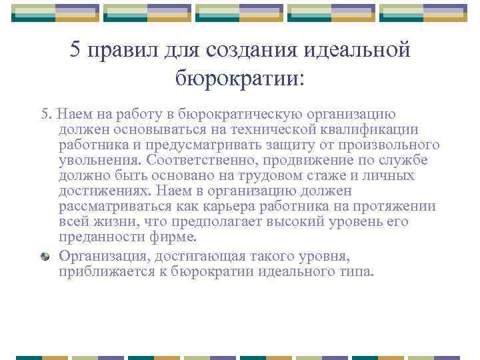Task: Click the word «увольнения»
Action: click(x=98, y=160)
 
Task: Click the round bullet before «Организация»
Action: click(x=45, y=256)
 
